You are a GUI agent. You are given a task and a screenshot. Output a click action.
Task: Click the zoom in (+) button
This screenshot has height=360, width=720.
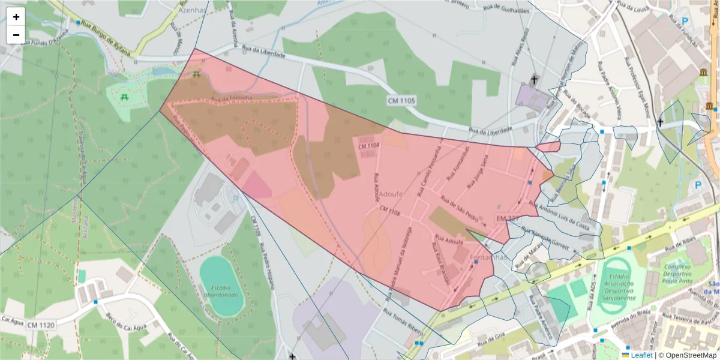[16, 17]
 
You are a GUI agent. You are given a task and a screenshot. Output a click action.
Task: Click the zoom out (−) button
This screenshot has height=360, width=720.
[16, 35]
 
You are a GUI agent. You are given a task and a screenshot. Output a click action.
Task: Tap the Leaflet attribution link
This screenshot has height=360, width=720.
[637, 355]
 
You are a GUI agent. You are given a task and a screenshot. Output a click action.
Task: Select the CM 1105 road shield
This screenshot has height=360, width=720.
[401, 100]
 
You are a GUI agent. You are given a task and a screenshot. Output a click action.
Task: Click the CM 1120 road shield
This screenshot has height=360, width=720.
[40, 325]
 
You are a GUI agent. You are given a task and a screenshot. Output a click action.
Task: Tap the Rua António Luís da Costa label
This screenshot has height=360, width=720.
[563, 214]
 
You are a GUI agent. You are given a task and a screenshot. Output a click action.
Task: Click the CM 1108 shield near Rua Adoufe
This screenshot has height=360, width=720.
[369, 145]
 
